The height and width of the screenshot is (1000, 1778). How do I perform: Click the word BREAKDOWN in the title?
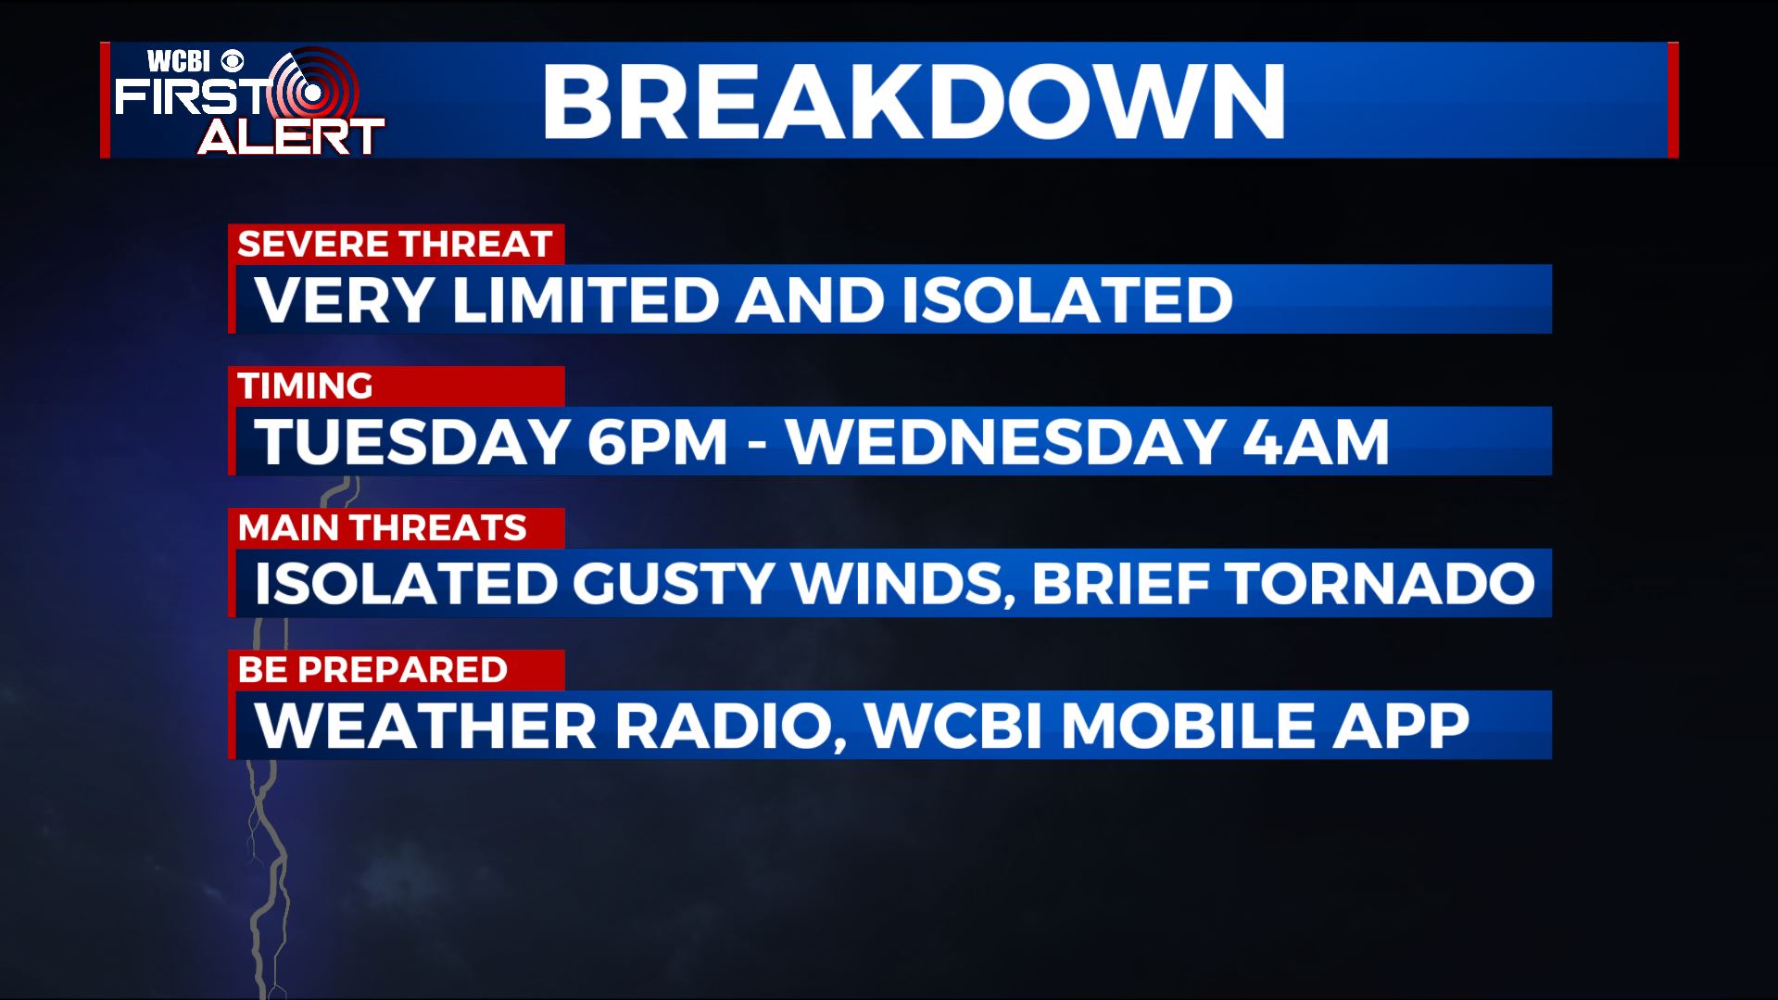tap(914, 102)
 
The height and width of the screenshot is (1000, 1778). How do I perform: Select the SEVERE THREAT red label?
tap(396, 245)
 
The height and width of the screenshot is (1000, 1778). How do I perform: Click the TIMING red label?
tap(396, 386)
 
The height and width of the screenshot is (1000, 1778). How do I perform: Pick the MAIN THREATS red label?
tap(396, 528)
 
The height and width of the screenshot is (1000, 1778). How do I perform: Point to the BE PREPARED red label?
tap(396, 670)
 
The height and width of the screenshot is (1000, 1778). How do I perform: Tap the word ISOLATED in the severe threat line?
tap(1066, 299)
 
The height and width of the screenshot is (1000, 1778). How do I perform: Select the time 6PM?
tap(657, 441)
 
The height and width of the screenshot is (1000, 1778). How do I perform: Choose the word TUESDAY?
tap(411, 441)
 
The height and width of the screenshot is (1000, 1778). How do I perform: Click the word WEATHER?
tap(426, 725)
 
